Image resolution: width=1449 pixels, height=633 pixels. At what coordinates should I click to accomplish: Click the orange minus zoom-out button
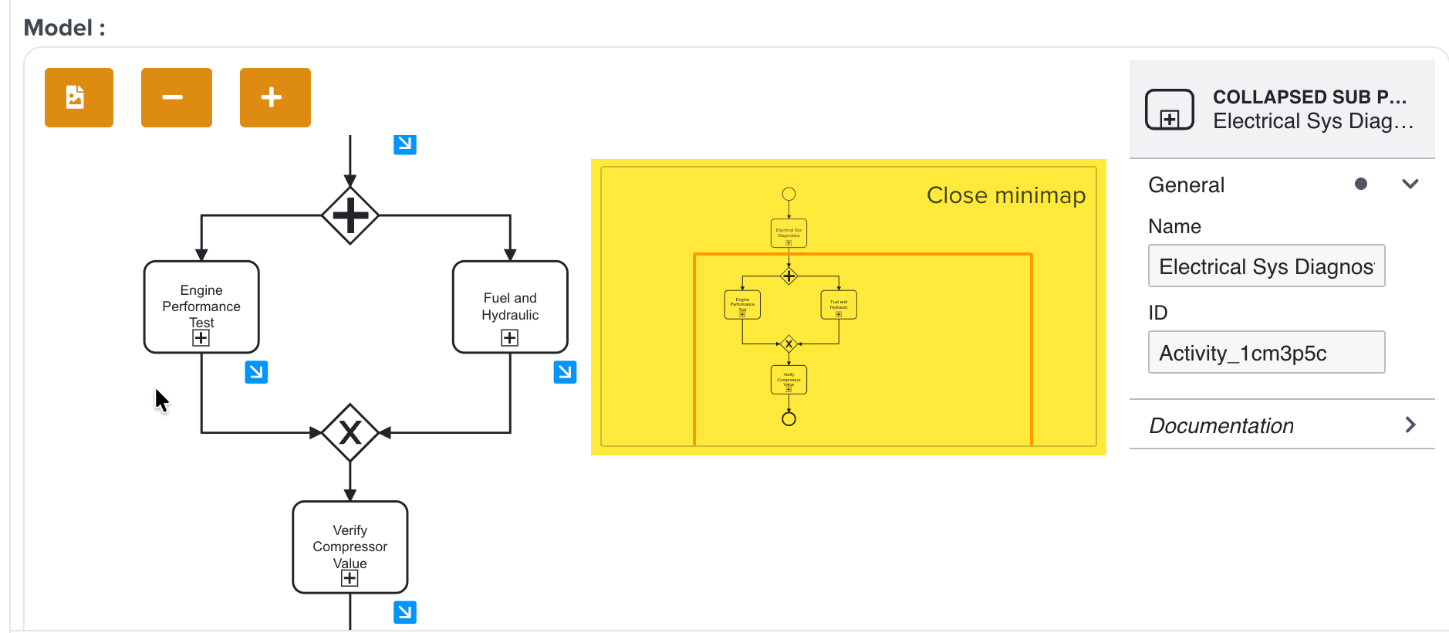coord(176,97)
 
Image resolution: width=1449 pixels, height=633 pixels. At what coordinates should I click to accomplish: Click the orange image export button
coord(79,97)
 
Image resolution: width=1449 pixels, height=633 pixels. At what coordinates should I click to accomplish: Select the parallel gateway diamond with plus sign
coord(350,215)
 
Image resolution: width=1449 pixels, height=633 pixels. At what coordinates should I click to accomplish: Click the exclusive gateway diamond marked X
coord(350,432)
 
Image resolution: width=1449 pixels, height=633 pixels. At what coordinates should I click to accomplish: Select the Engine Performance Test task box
coord(201,306)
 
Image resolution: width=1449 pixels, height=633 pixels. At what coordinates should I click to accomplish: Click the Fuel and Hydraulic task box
coord(510,306)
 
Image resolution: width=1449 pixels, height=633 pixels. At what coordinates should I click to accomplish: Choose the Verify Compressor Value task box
coord(350,547)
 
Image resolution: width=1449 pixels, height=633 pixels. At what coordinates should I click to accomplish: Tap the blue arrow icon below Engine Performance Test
coord(256,372)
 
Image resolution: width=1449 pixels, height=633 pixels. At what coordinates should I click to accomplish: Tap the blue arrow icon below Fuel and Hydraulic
coord(565,372)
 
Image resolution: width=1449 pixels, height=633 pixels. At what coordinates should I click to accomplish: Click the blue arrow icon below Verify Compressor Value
coord(405,612)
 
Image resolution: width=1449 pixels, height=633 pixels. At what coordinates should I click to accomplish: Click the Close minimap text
coord(1005,195)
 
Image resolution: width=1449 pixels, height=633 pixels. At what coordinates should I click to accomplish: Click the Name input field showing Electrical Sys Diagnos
coord(1266,266)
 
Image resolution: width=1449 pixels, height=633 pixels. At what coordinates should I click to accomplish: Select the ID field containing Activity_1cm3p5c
coord(1266,353)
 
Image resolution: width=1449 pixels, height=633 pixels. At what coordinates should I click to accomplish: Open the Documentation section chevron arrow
coord(1410,425)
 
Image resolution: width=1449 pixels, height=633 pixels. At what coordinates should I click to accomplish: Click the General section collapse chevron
coord(1410,184)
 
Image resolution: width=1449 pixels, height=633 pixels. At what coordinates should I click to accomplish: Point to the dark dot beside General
coord(1361,184)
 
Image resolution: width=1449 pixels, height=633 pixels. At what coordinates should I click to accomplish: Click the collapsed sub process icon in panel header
coord(1170,110)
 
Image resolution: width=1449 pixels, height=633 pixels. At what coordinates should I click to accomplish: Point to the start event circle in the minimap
coord(789,194)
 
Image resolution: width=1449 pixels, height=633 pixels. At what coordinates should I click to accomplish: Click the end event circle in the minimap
coord(789,419)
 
